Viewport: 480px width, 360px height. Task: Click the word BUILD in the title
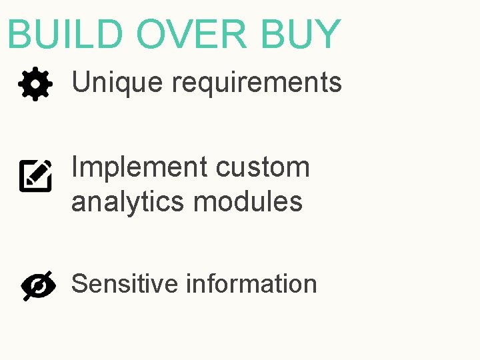[x=65, y=35]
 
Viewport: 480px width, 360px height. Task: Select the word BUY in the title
[x=300, y=35]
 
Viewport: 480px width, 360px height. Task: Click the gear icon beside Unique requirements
[x=35, y=85]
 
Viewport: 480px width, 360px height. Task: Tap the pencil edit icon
[x=35, y=175]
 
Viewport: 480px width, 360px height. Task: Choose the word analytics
[x=128, y=201]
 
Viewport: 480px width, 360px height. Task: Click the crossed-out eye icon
[x=39, y=286]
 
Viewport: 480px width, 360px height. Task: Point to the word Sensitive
[x=125, y=284]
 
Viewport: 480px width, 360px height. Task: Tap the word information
[x=251, y=284]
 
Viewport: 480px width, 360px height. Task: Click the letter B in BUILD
[x=20, y=35]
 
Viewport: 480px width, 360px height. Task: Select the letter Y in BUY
[x=327, y=35]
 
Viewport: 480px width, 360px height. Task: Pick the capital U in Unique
[x=81, y=83]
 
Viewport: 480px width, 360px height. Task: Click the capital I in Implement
[x=75, y=167]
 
